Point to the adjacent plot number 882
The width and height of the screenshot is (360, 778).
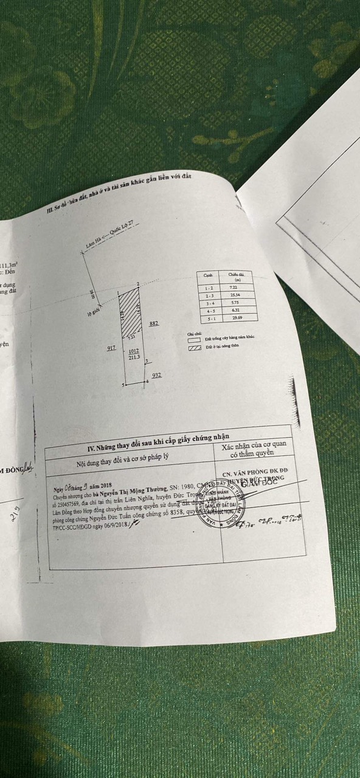pyautogui.click(x=154, y=324)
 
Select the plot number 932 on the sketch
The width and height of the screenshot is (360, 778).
pyautogui.click(x=157, y=376)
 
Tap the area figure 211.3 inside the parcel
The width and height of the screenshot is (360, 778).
pyautogui.click(x=134, y=357)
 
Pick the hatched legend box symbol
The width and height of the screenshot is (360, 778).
pyautogui.click(x=195, y=348)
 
